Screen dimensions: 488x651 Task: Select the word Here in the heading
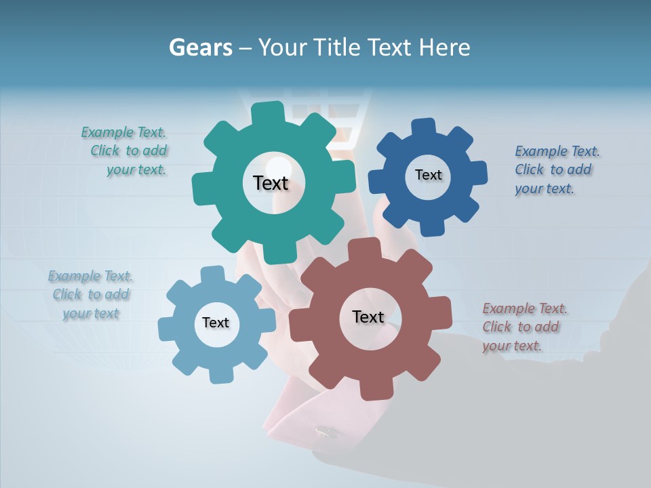tap(444, 47)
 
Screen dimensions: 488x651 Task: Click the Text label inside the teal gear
tap(271, 183)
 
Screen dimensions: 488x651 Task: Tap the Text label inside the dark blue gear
tap(428, 175)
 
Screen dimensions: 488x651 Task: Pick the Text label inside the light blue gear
tap(216, 323)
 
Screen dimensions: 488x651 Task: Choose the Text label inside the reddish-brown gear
tap(368, 317)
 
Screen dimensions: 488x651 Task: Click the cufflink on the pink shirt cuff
tap(326, 430)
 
